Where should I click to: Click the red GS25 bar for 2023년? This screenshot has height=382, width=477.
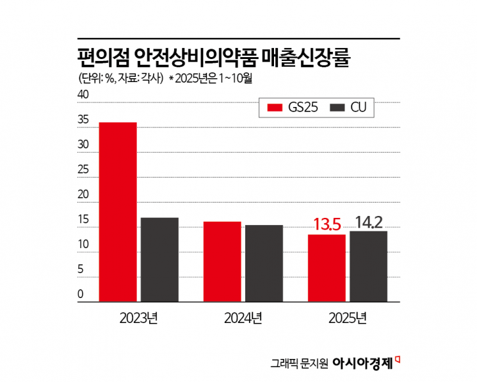(x=118, y=212)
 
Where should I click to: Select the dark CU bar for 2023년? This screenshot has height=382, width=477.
(x=159, y=259)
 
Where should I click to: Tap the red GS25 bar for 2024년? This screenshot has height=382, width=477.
(x=222, y=261)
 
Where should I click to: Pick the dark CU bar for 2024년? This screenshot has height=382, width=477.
(x=264, y=263)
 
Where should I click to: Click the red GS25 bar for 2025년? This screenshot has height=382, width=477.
(x=327, y=267)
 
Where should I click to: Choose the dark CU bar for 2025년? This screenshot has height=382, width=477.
(x=368, y=266)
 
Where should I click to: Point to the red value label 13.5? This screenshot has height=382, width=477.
(x=327, y=225)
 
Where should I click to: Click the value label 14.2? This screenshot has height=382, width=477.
(x=368, y=222)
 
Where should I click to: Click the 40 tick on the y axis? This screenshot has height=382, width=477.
(x=83, y=95)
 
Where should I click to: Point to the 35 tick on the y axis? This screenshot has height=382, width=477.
(x=83, y=120)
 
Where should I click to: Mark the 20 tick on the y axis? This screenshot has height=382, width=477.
(x=83, y=195)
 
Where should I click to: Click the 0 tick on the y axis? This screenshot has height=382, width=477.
(x=81, y=295)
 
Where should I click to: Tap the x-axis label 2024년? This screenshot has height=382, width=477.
(x=243, y=318)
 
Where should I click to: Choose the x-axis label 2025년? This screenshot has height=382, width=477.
(x=347, y=318)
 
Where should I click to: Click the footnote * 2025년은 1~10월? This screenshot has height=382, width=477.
(x=212, y=79)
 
